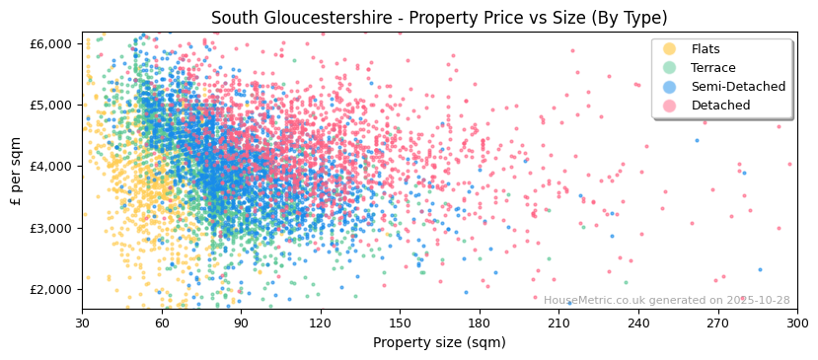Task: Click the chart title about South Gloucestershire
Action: (439, 18)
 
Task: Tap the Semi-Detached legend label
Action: (738, 87)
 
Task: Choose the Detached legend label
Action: (720, 106)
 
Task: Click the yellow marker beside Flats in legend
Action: (670, 49)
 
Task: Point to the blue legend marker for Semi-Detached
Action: (670, 87)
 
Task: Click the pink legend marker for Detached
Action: (670, 106)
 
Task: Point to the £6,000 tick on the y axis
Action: (51, 43)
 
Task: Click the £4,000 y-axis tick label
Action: (51, 167)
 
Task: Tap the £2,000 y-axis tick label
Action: (51, 290)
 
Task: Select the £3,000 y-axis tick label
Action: (51, 228)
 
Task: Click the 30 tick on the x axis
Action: (82, 323)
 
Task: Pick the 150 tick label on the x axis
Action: (400, 323)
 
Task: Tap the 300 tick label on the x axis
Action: (796, 323)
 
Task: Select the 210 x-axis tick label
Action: (558, 323)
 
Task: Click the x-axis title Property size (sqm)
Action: (439, 342)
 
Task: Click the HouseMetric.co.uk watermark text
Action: (666, 301)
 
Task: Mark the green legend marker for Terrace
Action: (670, 68)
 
